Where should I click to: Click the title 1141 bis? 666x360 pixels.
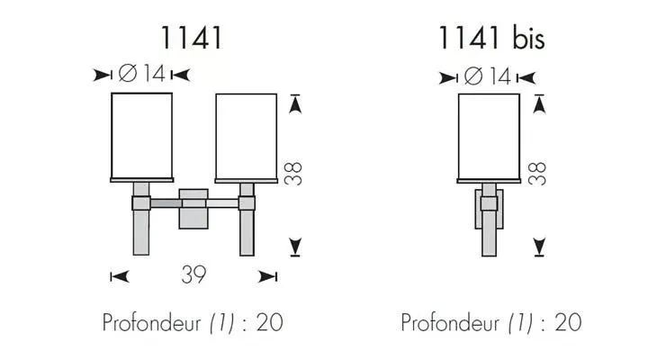click(491, 38)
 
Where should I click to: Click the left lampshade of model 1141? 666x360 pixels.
click(142, 136)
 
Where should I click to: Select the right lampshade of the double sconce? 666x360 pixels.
click(247, 137)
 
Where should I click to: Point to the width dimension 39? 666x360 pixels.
click(193, 275)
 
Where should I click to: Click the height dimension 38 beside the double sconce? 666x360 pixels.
click(293, 173)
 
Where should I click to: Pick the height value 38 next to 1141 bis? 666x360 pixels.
click(537, 173)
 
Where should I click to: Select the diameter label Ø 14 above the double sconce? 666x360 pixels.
click(141, 74)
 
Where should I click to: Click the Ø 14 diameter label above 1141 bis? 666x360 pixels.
click(488, 76)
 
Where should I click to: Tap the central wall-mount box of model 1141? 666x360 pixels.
click(193, 209)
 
